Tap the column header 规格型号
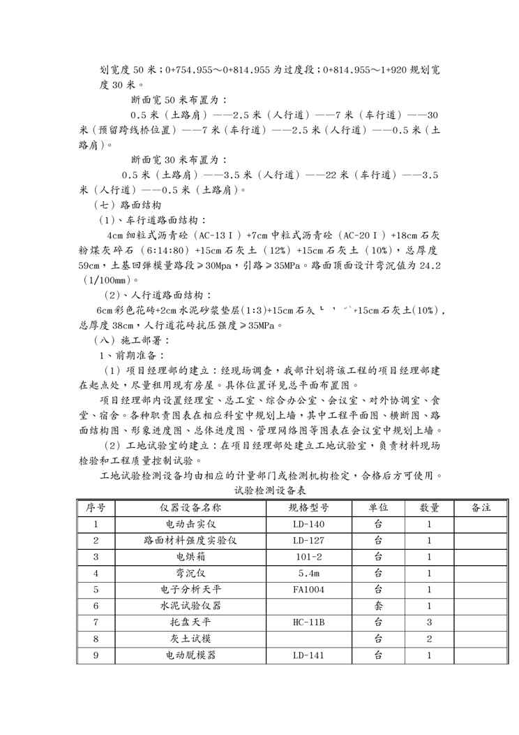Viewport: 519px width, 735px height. tap(308, 507)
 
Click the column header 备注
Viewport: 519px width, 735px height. tap(481, 507)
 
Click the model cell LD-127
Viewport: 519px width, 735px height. tap(308, 540)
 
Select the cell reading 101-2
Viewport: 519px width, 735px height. tap(308, 557)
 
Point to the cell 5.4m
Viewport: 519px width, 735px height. tap(308, 573)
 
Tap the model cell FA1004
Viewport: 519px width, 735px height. tap(308, 590)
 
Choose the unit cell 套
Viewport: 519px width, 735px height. tap(378, 606)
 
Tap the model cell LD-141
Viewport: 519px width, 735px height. tap(308, 655)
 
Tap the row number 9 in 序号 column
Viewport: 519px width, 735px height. tap(96, 655)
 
